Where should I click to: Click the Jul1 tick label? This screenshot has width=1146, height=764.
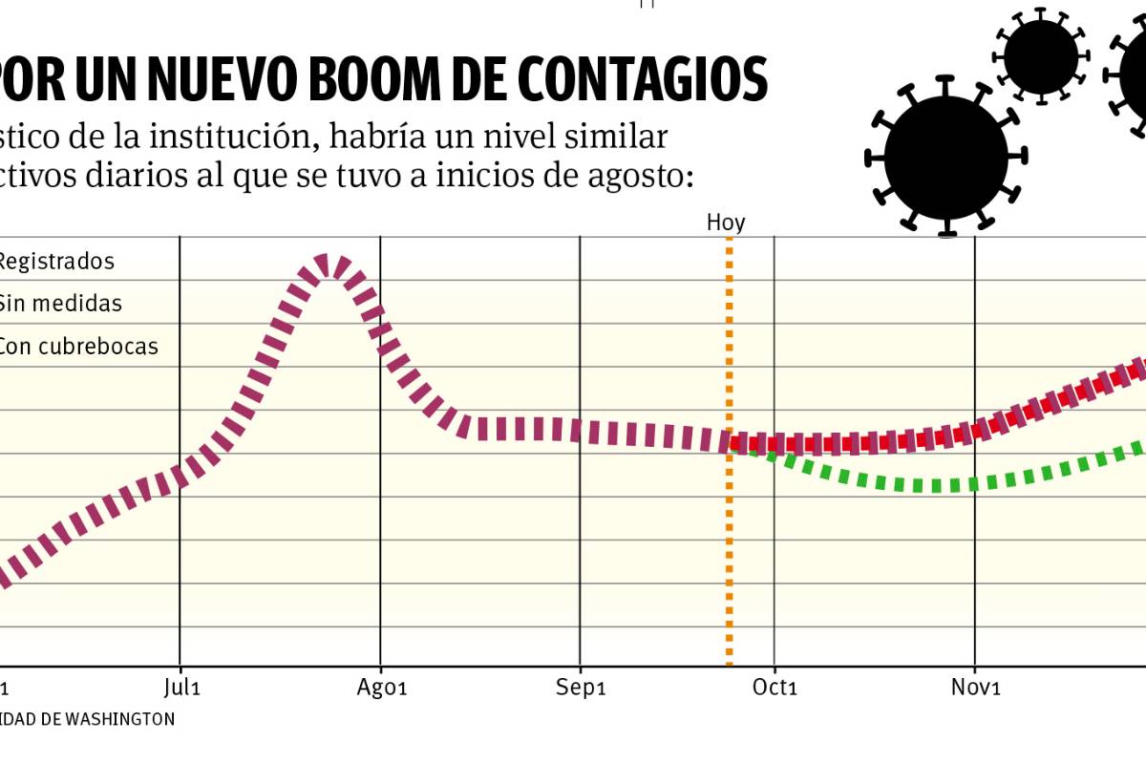(180, 689)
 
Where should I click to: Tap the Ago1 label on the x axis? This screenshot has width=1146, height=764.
(382, 689)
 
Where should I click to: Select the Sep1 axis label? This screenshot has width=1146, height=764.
(581, 689)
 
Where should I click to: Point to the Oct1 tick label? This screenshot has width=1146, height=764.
(775, 689)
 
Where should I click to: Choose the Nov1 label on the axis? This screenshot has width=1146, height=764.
(975, 689)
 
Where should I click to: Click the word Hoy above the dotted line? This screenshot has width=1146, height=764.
(726, 223)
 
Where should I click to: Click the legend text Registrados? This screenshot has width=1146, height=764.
(55, 262)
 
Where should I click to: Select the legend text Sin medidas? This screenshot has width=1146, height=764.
(59, 304)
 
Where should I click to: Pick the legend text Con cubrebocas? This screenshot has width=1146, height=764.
(78, 347)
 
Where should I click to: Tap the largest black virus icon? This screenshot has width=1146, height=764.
(945, 158)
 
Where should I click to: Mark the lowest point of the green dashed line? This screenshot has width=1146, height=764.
(941, 485)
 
